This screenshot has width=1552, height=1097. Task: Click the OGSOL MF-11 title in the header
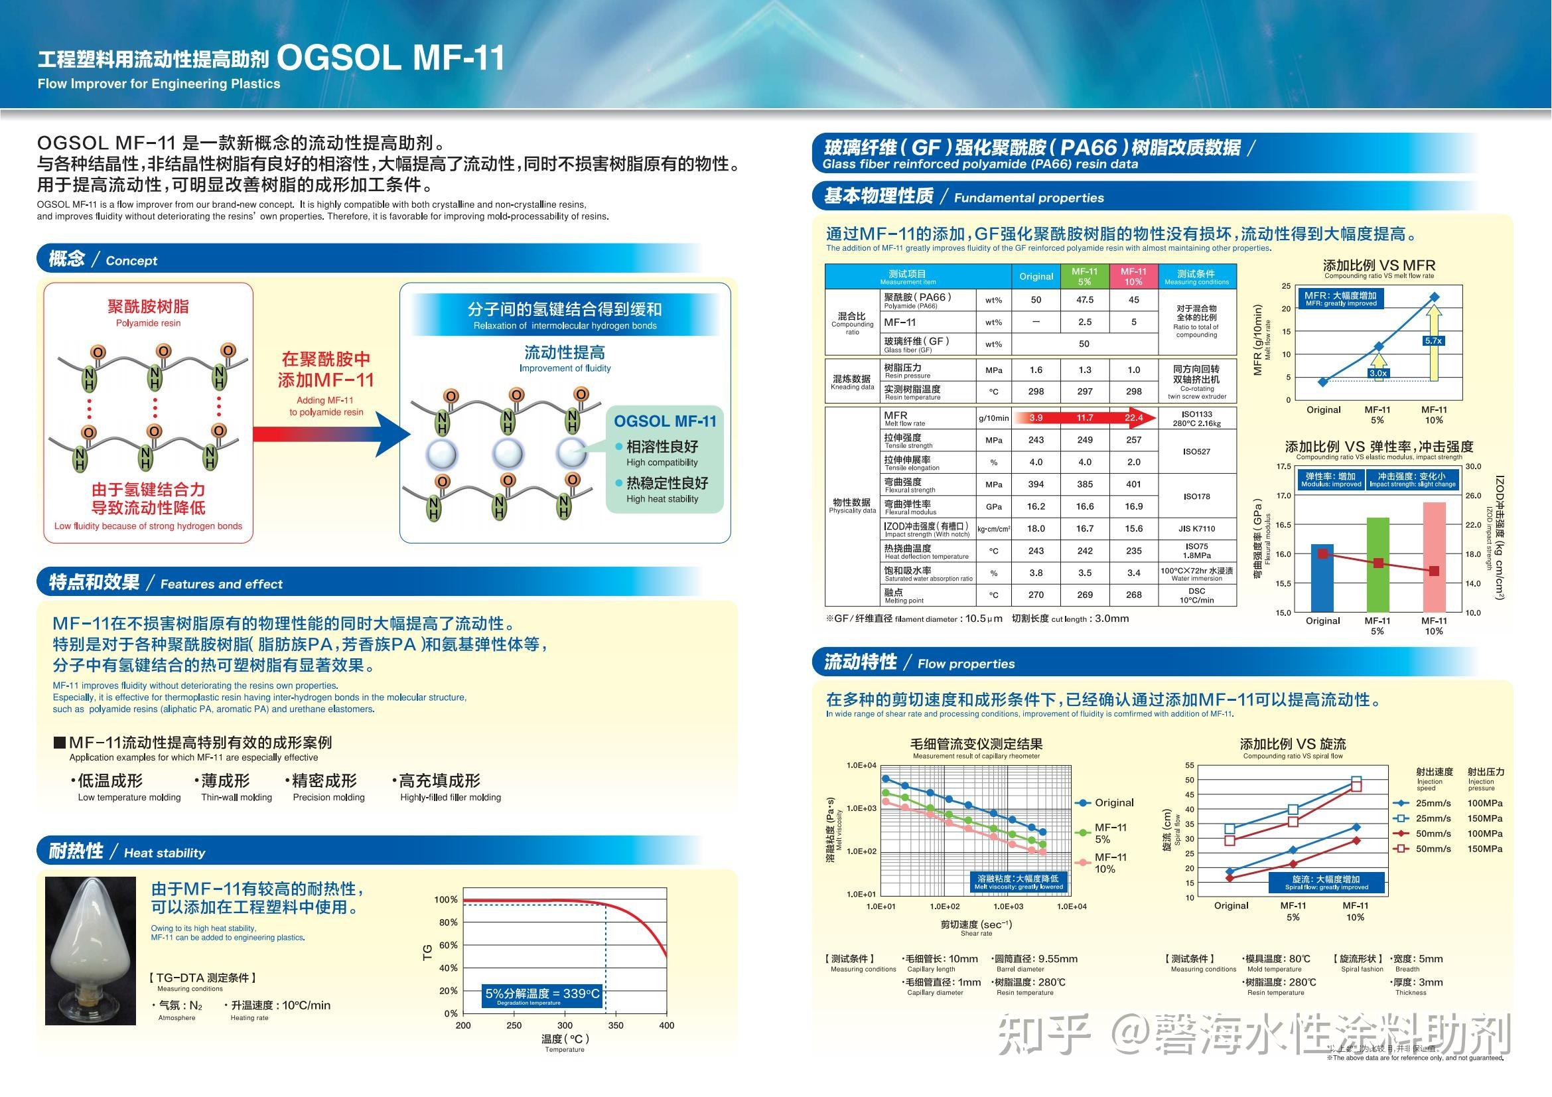click(391, 58)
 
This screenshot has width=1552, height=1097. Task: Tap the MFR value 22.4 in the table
click(1133, 417)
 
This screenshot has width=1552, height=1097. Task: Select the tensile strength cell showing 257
click(1133, 440)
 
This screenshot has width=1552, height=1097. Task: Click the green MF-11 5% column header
click(1084, 277)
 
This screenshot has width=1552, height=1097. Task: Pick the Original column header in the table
click(1036, 277)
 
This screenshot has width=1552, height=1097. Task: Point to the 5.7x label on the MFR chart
click(1433, 340)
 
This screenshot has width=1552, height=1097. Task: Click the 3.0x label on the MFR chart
click(1377, 373)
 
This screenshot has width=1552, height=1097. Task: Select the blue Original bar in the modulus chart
click(1322, 578)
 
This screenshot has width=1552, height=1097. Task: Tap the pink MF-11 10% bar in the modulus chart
click(1434, 557)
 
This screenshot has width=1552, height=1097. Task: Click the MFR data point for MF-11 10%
click(1435, 297)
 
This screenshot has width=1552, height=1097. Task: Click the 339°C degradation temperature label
click(542, 994)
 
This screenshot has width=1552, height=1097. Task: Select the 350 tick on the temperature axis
click(616, 1025)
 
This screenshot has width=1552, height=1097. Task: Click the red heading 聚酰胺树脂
click(148, 307)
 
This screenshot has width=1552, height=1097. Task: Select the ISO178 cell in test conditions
click(1196, 496)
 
